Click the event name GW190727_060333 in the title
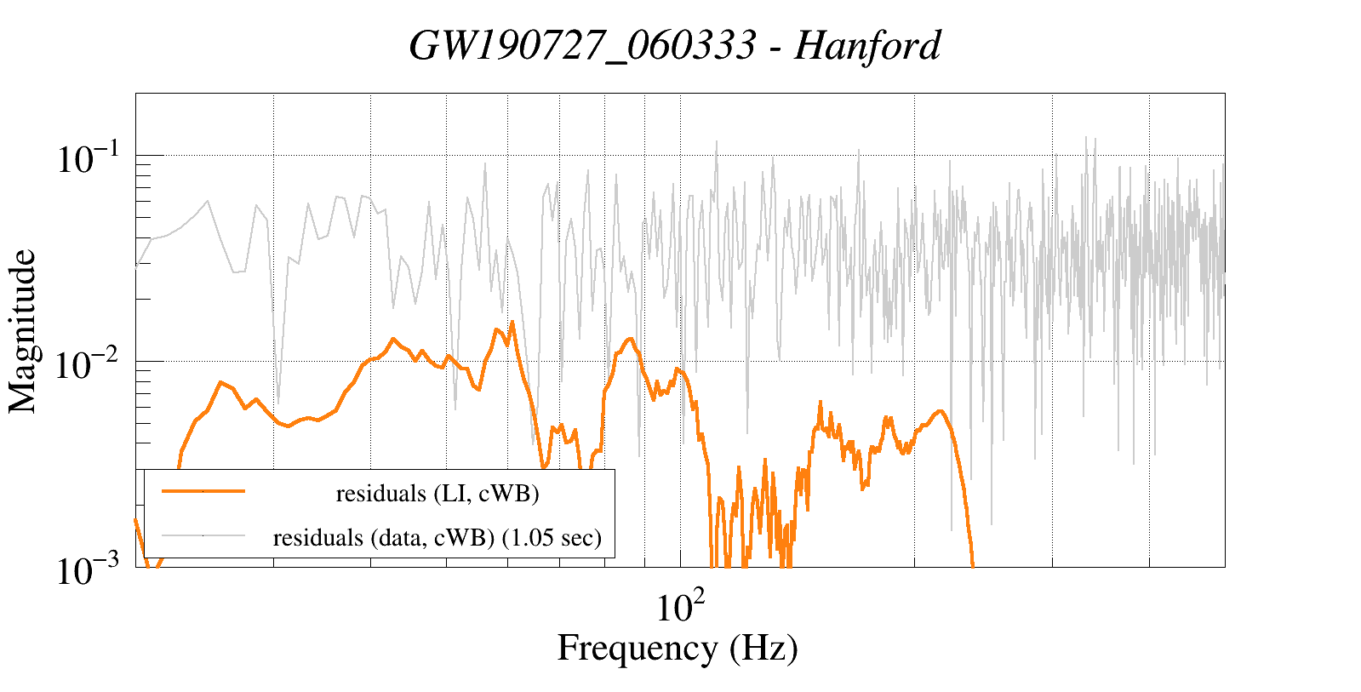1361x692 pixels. click(582, 46)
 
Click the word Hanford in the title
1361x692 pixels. click(867, 46)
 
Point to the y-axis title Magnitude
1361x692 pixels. click(23, 331)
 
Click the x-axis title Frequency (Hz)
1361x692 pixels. click(678, 648)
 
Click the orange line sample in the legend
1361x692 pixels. click(203, 491)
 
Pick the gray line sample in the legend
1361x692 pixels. click(203, 535)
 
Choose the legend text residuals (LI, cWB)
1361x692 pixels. click(437, 494)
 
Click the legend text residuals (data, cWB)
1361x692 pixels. click(383, 538)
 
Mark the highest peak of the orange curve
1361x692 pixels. click(512, 322)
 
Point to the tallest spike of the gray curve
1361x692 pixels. click(1086, 137)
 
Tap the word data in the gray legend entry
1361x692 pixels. click(400, 538)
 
